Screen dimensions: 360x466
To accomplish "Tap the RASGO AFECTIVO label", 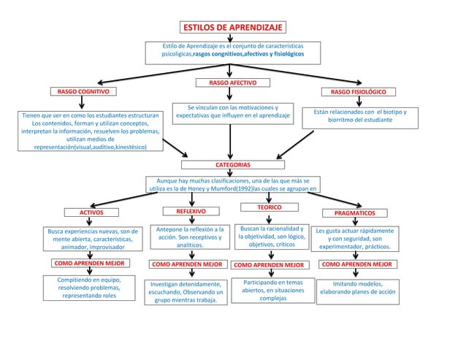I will pyautogui.click(x=232, y=83).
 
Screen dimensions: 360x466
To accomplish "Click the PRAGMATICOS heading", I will pyautogui.click(x=354, y=213).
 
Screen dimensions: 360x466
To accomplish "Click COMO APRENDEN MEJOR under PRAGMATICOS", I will pyautogui.click(x=356, y=264).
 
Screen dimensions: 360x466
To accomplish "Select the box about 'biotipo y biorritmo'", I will pyautogui.click(x=355, y=116).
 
